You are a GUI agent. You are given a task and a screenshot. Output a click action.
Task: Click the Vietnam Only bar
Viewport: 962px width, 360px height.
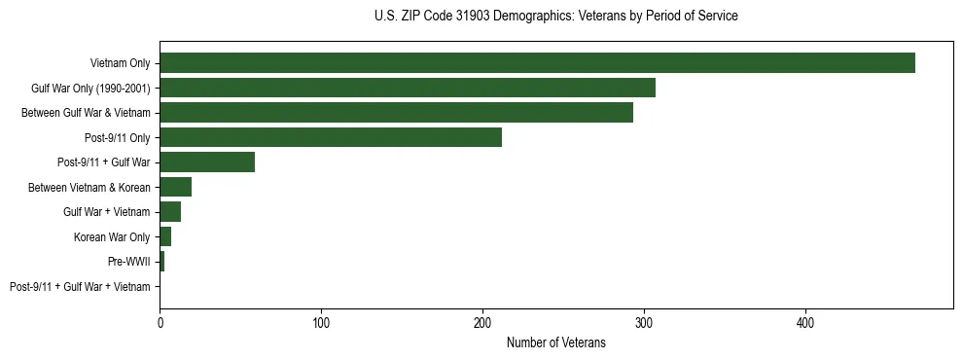[x=537, y=63]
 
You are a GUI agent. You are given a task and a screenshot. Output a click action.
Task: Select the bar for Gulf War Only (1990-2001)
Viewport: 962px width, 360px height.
[x=408, y=88]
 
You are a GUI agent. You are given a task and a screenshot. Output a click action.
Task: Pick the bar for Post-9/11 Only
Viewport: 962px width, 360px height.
[x=331, y=138]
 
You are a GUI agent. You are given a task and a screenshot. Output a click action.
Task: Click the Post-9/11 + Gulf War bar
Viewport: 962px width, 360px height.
[x=207, y=162]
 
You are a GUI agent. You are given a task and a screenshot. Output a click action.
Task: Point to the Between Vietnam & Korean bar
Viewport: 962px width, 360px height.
[x=176, y=187]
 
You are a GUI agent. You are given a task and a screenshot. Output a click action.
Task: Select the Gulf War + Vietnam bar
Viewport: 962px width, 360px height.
[x=170, y=212]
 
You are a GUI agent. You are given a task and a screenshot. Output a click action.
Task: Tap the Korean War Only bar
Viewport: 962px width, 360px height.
[x=165, y=237]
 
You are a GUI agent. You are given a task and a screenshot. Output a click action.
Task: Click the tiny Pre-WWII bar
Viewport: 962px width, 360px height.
[x=162, y=262]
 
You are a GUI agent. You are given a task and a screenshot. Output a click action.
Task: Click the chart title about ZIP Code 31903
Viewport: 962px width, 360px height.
[x=555, y=17]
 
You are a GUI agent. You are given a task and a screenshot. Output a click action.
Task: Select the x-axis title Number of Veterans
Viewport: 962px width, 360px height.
[x=555, y=342]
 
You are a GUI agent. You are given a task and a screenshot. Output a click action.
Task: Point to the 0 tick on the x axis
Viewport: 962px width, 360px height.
[x=160, y=321]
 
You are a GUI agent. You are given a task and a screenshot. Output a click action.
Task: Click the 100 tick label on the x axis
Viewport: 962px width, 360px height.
[x=321, y=321]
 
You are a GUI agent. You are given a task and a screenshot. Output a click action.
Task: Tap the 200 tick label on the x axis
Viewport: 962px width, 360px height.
[x=482, y=321]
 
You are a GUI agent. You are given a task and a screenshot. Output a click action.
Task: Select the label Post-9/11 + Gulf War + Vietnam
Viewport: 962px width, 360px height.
[x=80, y=287]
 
